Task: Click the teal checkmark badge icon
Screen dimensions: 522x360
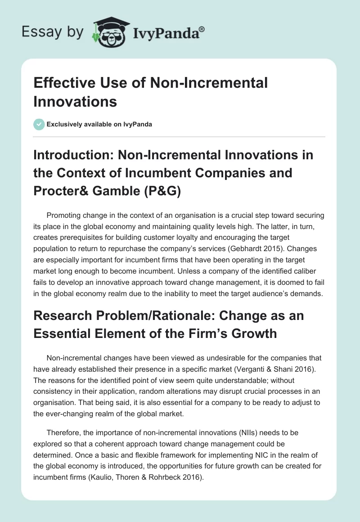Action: (x=39, y=124)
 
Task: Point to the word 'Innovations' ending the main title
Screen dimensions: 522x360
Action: (x=75, y=101)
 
